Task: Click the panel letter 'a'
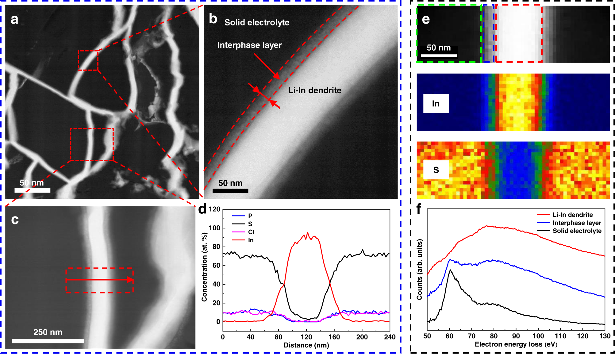coord(14,19)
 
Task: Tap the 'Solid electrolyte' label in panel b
coord(257,22)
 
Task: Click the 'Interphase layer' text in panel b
coord(249,45)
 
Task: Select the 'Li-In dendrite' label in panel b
coord(314,90)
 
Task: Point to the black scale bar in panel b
coord(230,191)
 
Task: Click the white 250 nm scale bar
coord(48,341)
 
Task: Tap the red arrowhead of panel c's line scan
coord(130,280)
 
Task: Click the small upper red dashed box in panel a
coord(88,60)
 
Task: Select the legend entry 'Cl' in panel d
coord(251,232)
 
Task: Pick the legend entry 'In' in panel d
coord(251,240)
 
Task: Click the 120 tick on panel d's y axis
coord(214,209)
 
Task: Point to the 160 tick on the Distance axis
coord(334,337)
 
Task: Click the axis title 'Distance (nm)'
coord(306,345)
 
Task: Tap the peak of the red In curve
coord(308,233)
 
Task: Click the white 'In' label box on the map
coord(436,104)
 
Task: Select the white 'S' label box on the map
coord(436,170)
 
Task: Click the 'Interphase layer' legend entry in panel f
coord(577,223)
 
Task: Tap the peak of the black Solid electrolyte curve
coord(450,270)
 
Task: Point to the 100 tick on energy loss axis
coord(538,336)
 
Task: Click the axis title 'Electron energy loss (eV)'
coord(516,344)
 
